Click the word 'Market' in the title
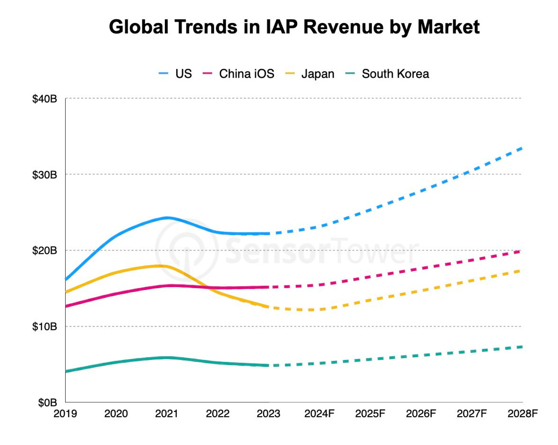click(x=448, y=27)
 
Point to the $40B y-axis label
click(x=44, y=99)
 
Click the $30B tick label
click(x=44, y=175)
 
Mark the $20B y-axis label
click(x=44, y=251)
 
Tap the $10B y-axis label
click(x=44, y=327)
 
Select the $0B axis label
click(x=47, y=402)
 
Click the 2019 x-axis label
click(x=65, y=414)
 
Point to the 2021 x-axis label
click(x=167, y=414)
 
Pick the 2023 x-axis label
click(x=268, y=414)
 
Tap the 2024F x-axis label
click(x=319, y=414)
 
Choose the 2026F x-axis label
click(x=421, y=414)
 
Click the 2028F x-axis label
click(x=522, y=414)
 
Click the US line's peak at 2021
click(x=167, y=218)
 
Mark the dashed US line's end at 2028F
click(x=522, y=148)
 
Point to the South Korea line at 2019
click(x=66, y=371)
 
